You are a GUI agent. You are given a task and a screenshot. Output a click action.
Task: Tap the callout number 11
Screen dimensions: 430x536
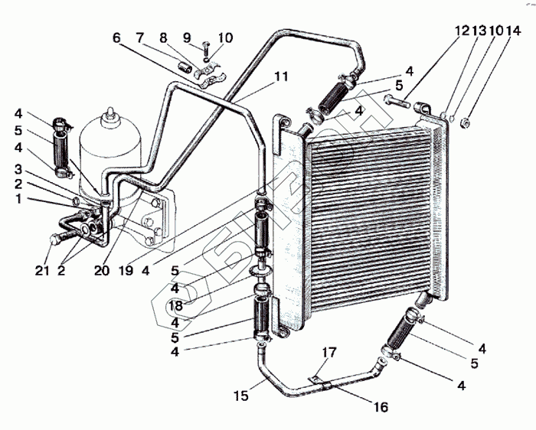point(281,77)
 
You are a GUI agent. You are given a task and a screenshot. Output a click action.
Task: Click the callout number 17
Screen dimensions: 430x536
point(329,353)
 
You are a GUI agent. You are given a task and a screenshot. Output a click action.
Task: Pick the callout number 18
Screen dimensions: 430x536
point(175,306)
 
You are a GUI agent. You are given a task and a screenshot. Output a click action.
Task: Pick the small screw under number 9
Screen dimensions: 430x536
point(208,53)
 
